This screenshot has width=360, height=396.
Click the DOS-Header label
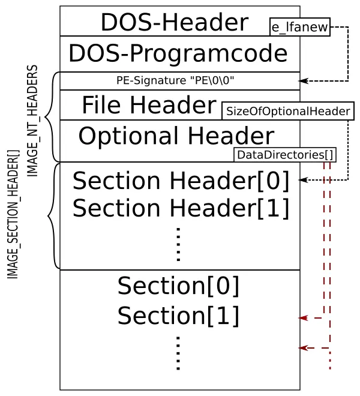[174, 23]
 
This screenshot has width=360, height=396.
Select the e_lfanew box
[299, 27]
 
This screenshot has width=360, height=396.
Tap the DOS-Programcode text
[178, 53]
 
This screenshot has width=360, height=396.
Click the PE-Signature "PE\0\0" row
[175, 80]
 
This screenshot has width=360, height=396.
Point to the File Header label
[149, 106]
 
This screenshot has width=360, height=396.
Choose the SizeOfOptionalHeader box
[288, 111]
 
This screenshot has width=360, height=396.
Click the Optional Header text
[176, 136]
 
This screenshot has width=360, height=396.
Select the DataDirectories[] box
[284, 155]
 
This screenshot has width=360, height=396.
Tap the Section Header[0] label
[181, 181]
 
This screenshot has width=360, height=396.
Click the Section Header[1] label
[181, 208]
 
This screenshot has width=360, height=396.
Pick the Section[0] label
[178, 286]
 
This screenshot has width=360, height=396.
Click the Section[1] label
[178, 316]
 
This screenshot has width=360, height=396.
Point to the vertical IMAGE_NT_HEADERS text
[32, 121]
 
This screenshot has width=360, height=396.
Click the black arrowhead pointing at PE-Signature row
[303, 80]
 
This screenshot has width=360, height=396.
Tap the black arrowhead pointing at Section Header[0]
[303, 179]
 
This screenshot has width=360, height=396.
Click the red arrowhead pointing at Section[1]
[304, 318]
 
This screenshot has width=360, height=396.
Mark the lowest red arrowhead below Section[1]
[304, 348]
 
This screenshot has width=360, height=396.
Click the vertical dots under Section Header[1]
[178, 244]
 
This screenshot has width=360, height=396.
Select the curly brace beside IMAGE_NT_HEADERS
[51, 117]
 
